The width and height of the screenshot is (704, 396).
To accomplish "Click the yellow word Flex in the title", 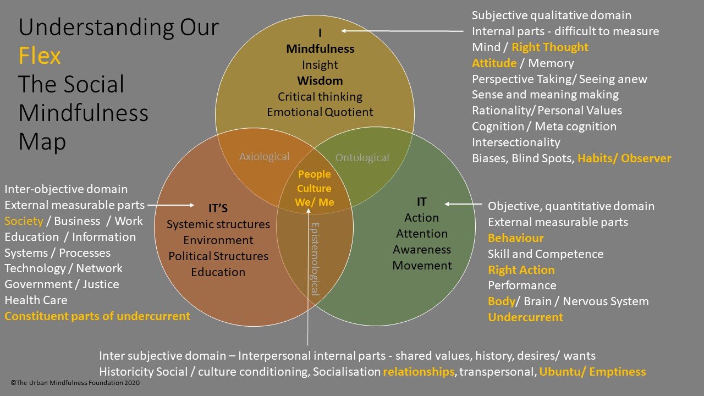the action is point(40,56).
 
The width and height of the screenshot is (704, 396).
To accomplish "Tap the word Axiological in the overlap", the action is point(265,157).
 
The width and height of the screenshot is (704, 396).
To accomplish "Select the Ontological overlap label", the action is point(362,157).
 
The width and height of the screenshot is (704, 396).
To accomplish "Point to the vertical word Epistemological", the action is point(315,259).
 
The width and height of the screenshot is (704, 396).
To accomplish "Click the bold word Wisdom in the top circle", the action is point(320,81).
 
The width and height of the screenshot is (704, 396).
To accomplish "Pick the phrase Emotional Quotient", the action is point(320,112).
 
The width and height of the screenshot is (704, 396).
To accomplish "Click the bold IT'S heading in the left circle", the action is point(218,208).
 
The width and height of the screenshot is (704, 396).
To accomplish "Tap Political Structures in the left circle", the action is point(218,256).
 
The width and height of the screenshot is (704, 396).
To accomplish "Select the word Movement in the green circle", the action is point(422,266).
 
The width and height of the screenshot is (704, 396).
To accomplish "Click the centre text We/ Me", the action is point(314,202).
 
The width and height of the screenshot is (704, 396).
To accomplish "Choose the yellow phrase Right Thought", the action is point(549,47).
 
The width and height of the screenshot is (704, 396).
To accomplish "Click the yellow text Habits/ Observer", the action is point(624,158).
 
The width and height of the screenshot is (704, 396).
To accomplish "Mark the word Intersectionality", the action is point(516,142).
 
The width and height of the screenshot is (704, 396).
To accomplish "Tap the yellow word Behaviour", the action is point(515,238).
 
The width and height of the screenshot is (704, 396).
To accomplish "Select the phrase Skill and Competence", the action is point(546,254).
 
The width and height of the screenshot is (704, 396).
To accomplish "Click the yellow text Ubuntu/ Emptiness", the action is point(592,372).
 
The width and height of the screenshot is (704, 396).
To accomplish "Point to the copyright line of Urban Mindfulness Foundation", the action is point(75,383).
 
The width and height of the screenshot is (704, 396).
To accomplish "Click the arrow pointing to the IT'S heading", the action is point(170,205).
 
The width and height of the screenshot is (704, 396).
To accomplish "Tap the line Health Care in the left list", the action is point(36,300).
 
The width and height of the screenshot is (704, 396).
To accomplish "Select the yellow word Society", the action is point(24,221).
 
